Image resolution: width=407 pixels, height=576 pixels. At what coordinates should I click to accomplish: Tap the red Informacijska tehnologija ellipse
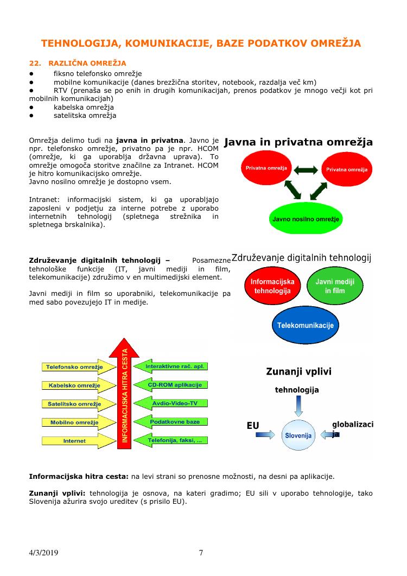(x=272, y=287)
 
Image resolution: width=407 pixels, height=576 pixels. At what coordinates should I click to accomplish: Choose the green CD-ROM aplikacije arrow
(x=171, y=384)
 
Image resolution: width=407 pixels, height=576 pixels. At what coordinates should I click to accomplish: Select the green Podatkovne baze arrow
(x=171, y=421)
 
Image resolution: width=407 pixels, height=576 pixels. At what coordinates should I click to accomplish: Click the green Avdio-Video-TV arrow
(x=171, y=403)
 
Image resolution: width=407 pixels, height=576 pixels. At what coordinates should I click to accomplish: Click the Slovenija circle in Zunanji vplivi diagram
(x=298, y=435)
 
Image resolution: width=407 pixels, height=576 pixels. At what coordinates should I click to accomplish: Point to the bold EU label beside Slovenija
(x=253, y=425)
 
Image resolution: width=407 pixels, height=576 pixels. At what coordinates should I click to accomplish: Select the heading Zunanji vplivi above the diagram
(x=298, y=372)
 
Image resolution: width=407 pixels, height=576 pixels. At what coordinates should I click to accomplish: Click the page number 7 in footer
(x=201, y=553)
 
